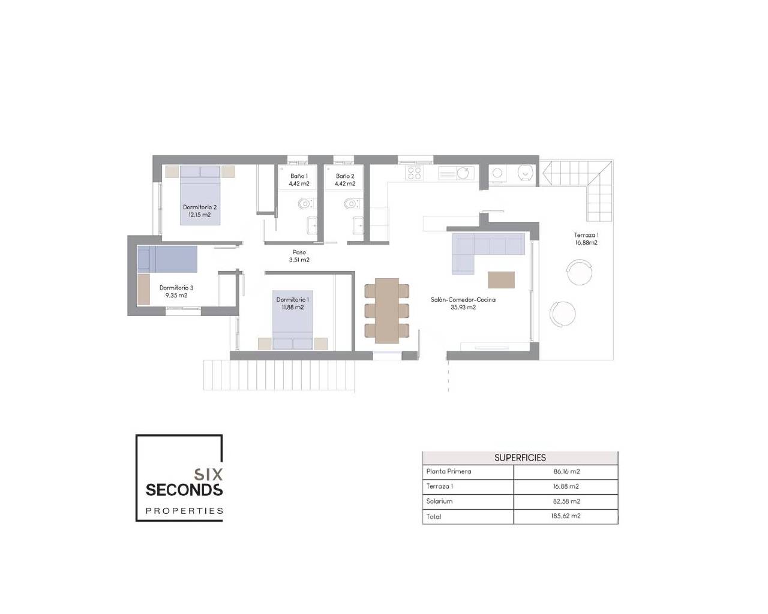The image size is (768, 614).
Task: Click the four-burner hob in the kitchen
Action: tap(414, 173)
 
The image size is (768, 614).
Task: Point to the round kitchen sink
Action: tap(463, 173)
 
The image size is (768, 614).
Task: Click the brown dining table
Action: tap(387, 311)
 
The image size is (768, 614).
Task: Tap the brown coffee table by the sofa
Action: tap(501, 279)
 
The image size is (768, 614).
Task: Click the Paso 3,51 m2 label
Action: tap(299, 256)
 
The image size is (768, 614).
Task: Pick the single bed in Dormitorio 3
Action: tap(167, 259)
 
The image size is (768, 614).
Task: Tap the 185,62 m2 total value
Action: tap(566, 516)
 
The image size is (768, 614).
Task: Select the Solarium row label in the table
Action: tap(439, 501)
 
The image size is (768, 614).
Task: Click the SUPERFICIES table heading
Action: tap(520, 458)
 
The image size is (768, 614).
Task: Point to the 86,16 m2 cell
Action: tap(567, 471)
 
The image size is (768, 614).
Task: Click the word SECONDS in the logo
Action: tap(184, 490)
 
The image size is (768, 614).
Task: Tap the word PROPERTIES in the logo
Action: tap(184, 511)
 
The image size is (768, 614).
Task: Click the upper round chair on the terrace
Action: tap(580, 272)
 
